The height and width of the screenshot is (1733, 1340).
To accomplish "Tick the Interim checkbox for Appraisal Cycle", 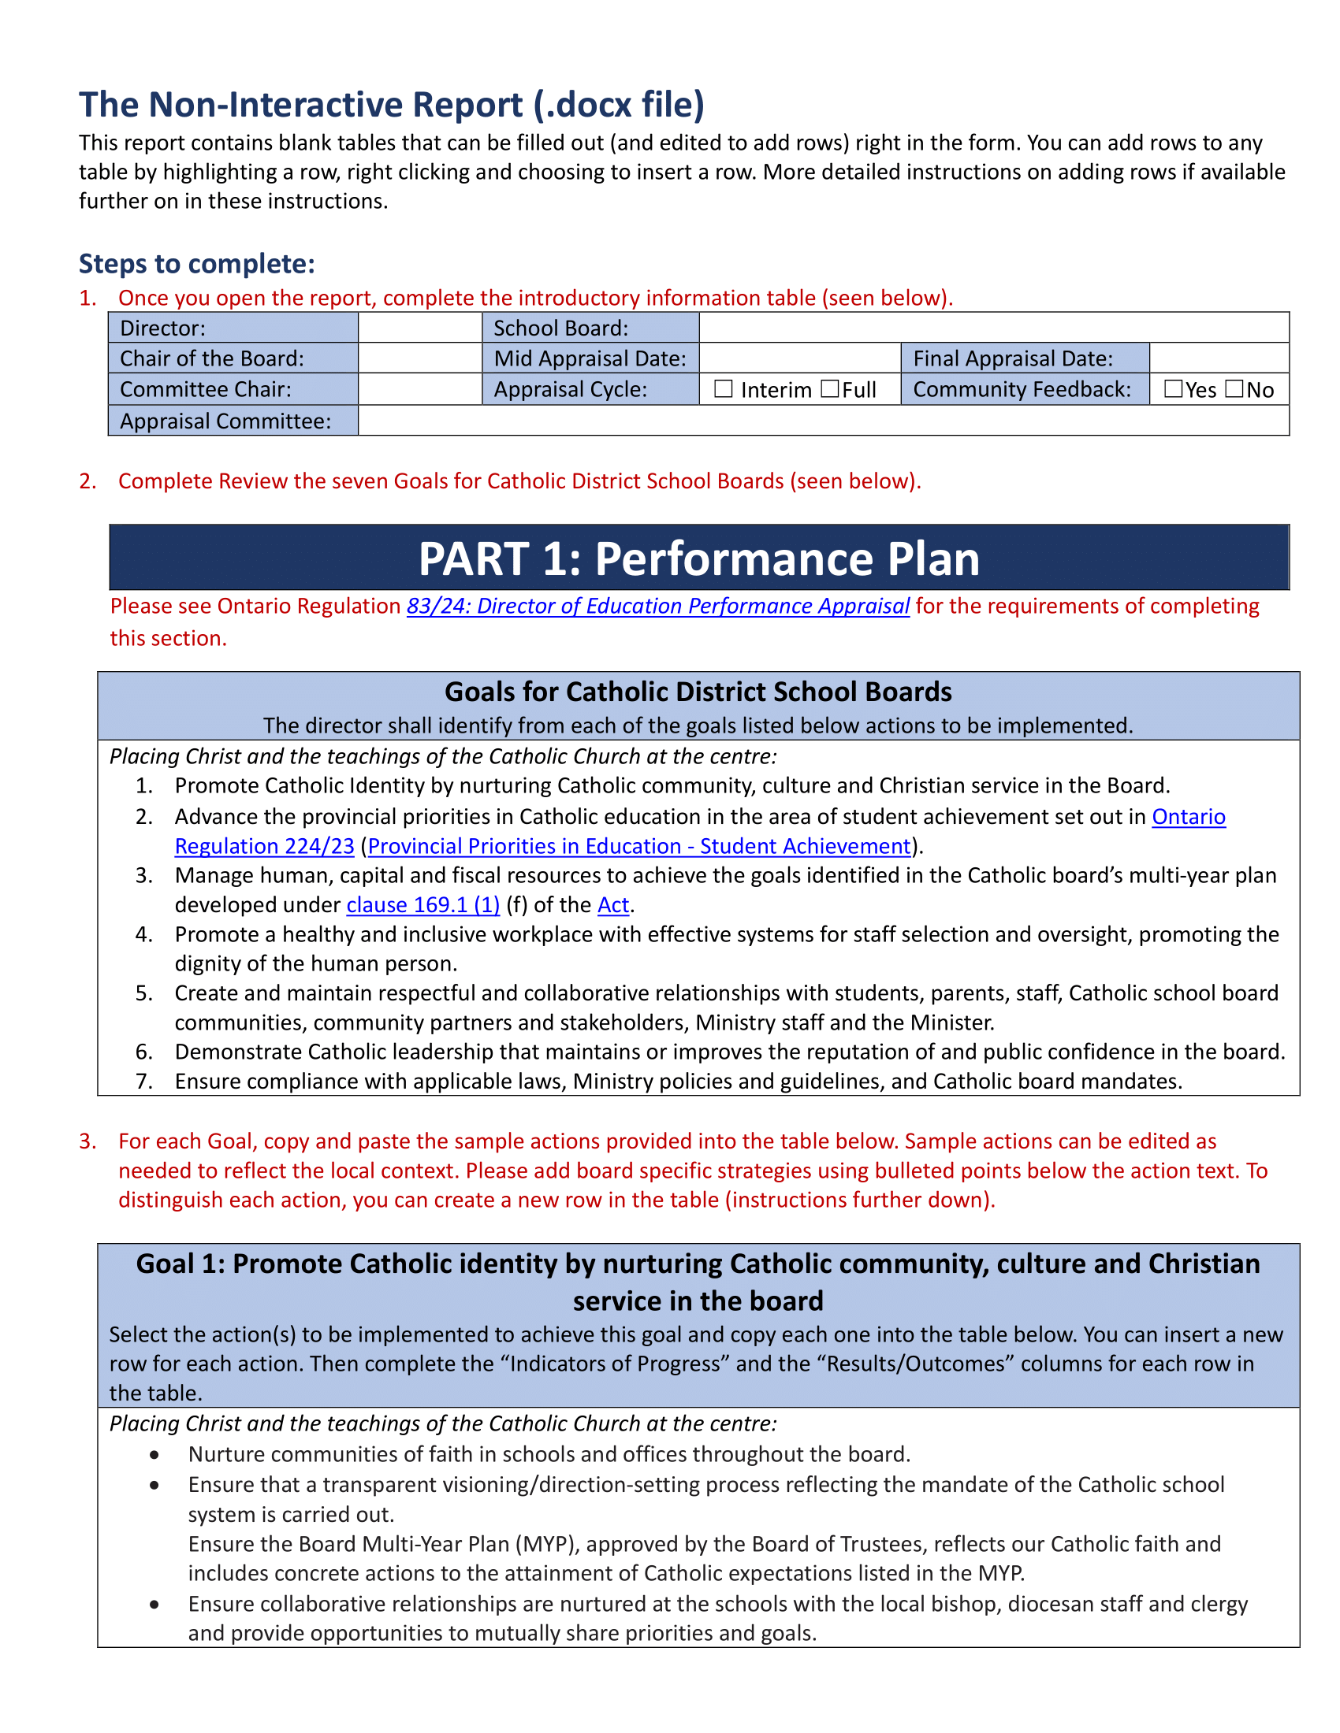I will (722, 389).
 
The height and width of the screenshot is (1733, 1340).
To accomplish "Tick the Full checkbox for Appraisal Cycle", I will (829, 389).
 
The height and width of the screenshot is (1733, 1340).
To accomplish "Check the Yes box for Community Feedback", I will (1173, 389).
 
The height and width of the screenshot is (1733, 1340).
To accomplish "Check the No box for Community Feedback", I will (1234, 389).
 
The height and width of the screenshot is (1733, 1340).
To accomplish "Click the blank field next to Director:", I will (420, 328).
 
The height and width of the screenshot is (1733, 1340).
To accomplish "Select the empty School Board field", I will (993, 328).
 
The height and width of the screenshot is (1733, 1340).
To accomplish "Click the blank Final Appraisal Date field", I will (1219, 358).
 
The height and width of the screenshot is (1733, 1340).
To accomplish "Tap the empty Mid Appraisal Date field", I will (799, 358).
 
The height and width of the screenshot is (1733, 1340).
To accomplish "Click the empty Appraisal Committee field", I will (822, 421).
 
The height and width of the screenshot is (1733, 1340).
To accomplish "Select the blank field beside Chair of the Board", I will (420, 358).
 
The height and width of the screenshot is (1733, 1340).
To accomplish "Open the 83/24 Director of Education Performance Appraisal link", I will (657, 607).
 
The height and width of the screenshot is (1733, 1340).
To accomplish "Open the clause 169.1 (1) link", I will (422, 904).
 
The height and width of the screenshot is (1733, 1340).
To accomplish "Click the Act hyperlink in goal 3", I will (612, 904).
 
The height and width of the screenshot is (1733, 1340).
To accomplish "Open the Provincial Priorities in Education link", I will (639, 846).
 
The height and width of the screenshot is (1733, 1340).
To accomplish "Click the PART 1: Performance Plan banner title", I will (698, 558).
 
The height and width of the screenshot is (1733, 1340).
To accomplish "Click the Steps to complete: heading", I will (197, 263).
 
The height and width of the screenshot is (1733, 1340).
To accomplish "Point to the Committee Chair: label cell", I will (206, 390).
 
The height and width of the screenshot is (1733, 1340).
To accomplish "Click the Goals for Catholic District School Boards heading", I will (698, 692).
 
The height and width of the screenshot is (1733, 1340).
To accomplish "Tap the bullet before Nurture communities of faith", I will (154, 1454).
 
